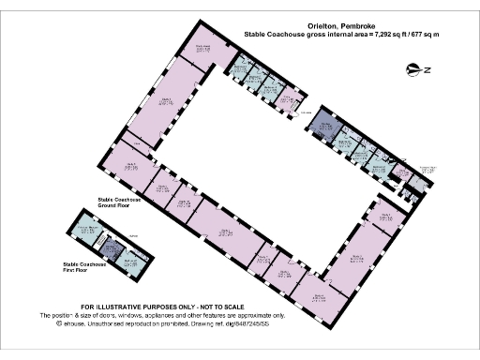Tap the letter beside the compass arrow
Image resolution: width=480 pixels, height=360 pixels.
click(x=427, y=69)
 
